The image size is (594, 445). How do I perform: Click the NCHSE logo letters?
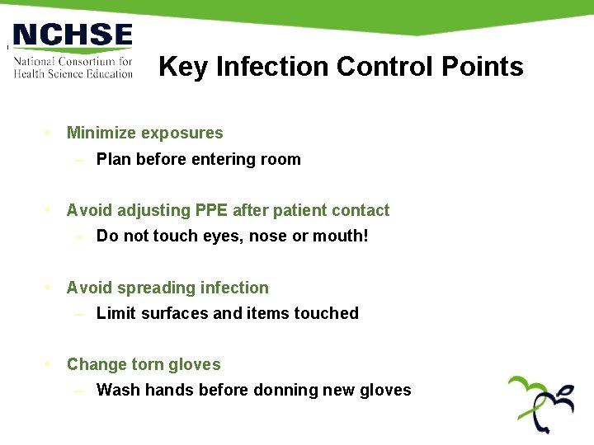pos(73,35)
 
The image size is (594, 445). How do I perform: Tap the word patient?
pos(300,211)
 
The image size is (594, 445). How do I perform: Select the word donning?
pos(285,391)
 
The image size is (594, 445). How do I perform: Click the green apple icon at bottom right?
pos(540,404)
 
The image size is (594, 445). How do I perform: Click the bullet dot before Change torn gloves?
pos(49,364)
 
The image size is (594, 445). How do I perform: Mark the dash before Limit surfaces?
pos(78,313)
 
